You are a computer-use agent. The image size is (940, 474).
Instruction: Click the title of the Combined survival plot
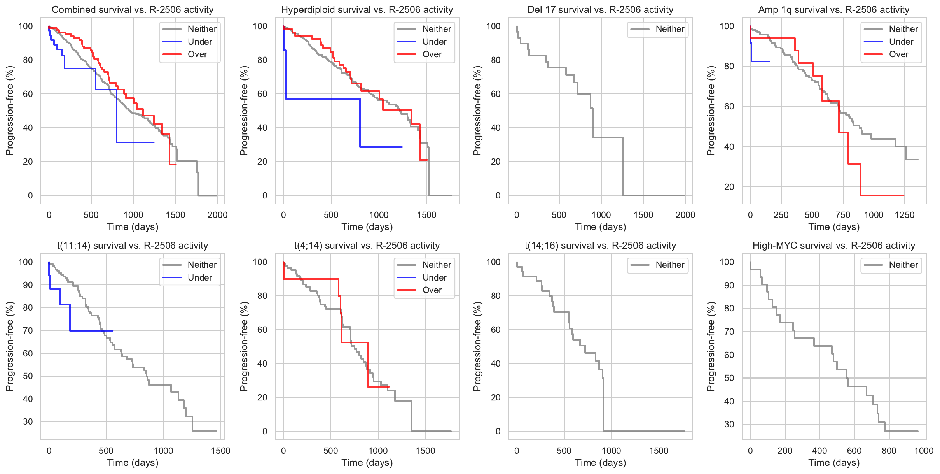pyautogui.click(x=133, y=10)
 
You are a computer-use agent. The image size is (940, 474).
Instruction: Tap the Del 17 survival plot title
pyautogui.click(x=600, y=10)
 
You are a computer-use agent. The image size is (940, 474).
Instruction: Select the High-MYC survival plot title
pyautogui.click(x=834, y=246)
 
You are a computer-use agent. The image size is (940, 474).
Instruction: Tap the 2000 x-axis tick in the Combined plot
pyautogui.click(x=217, y=215)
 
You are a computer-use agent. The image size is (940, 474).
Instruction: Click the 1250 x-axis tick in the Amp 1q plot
pyautogui.click(x=905, y=215)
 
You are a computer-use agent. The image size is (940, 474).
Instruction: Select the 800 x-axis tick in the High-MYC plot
pyautogui.click(x=889, y=451)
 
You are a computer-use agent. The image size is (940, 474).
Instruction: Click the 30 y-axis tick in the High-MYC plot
pyautogui.click(x=729, y=424)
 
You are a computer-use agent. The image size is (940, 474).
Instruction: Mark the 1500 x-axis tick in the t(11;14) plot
pyautogui.click(x=220, y=451)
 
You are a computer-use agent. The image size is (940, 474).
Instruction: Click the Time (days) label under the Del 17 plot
pyautogui.click(x=600, y=227)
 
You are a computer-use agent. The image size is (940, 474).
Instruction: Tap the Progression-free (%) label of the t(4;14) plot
pyautogui.click(x=244, y=346)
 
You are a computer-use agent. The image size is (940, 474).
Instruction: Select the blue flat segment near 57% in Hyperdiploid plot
pyautogui.click(x=323, y=99)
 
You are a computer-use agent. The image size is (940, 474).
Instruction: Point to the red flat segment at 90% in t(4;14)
pyautogui.click(x=311, y=279)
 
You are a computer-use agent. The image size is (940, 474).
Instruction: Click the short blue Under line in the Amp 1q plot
pyautogui.click(x=760, y=61)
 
